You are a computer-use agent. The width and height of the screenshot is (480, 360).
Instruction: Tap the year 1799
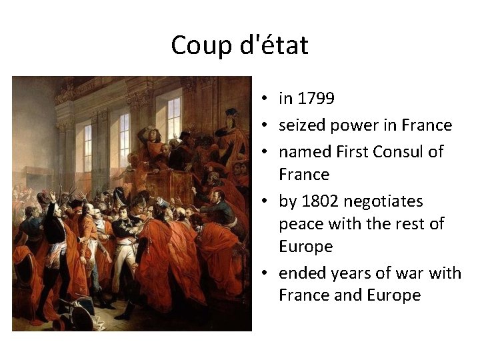tap(316, 99)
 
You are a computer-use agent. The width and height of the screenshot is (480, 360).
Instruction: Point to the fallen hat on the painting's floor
tap(75, 311)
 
